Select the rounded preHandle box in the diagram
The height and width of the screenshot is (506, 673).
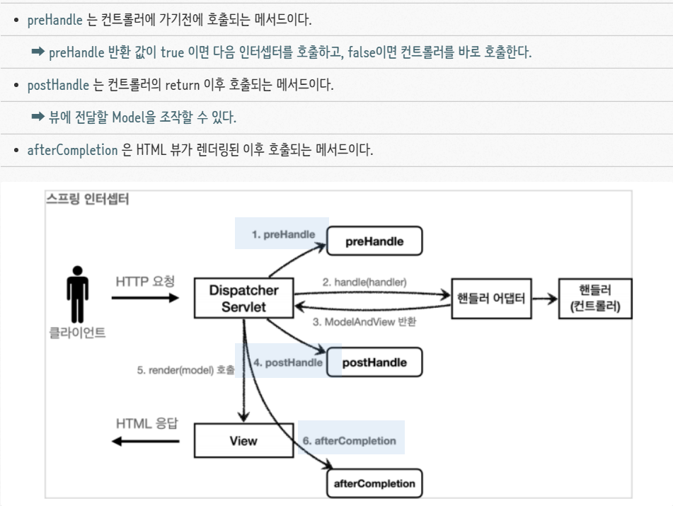click(374, 241)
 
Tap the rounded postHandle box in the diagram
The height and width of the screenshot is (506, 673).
click(374, 363)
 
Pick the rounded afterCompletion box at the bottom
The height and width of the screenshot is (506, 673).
click(374, 485)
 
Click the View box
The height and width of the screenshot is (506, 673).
click(243, 442)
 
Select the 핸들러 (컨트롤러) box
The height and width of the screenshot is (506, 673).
click(596, 299)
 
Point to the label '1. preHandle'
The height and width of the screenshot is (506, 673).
click(282, 234)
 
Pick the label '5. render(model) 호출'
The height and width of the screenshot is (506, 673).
click(185, 370)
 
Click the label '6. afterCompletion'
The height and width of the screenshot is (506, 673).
click(350, 441)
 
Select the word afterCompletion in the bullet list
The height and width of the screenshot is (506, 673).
click(71, 149)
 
